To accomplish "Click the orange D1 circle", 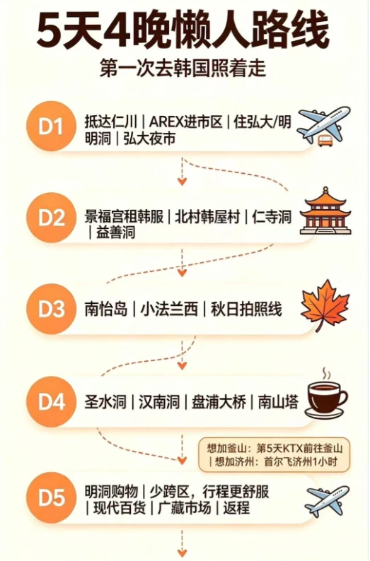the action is click(x=51, y=126).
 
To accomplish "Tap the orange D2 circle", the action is click(x=51, y=218).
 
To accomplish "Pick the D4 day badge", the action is click(x=51, y=401).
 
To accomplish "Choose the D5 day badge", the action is click(x=51, y=497).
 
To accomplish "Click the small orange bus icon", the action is click(x=325, y=140).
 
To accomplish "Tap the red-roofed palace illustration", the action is click(x=325, y=211).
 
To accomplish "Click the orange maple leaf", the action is click(x=325, y=305).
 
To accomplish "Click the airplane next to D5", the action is click(x=327, y=500).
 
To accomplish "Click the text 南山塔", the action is click(x=278, y=402).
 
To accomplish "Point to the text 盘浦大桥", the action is click(x=219, y=402).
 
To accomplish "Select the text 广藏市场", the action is click(x=184, y=508).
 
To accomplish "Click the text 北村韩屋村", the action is click(x=207, y=217).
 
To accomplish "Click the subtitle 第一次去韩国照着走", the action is click(x=183, y=69).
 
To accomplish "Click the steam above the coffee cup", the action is click(x=325, y=374).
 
